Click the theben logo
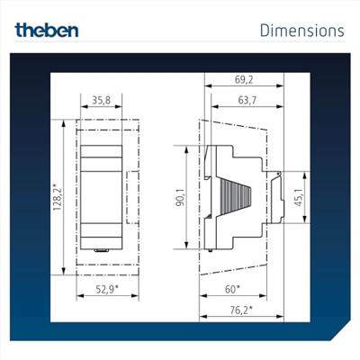coord(47,30)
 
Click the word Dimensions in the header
coord(302,31)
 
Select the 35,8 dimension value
coord(101,100)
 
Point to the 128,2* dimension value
coord(58,196)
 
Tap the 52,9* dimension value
coord(107,289)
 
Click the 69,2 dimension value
coord(244,80)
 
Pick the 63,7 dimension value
coord(247,100)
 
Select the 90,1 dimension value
coord(181,197)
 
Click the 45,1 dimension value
coord(299,197)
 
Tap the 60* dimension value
coord(232,289)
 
